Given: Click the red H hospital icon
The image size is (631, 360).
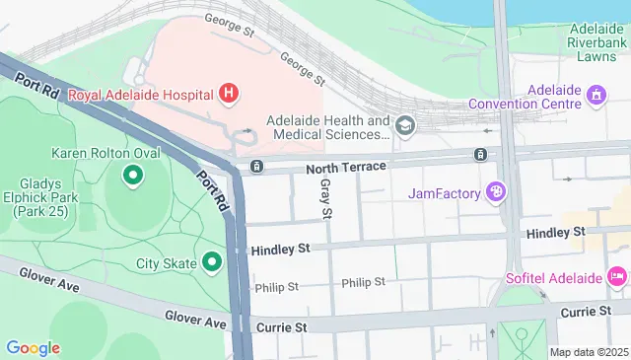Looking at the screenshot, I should pos(230,95).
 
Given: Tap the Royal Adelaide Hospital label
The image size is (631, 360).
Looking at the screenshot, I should pos(142,95).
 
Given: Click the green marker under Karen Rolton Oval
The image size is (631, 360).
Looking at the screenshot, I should pos(131,177).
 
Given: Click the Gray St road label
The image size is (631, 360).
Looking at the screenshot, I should pos(325,199).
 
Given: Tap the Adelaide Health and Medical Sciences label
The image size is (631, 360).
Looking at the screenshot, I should pos(328,127).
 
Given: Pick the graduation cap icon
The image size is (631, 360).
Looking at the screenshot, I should pos(405,125).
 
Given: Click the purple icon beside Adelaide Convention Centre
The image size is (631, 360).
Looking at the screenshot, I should pos(596,96).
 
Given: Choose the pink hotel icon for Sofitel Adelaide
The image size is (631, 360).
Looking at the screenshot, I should pos(617,275).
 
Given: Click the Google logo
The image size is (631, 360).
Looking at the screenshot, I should pos(33,347).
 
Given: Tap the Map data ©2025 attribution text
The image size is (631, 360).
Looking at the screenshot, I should pos(589,352).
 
